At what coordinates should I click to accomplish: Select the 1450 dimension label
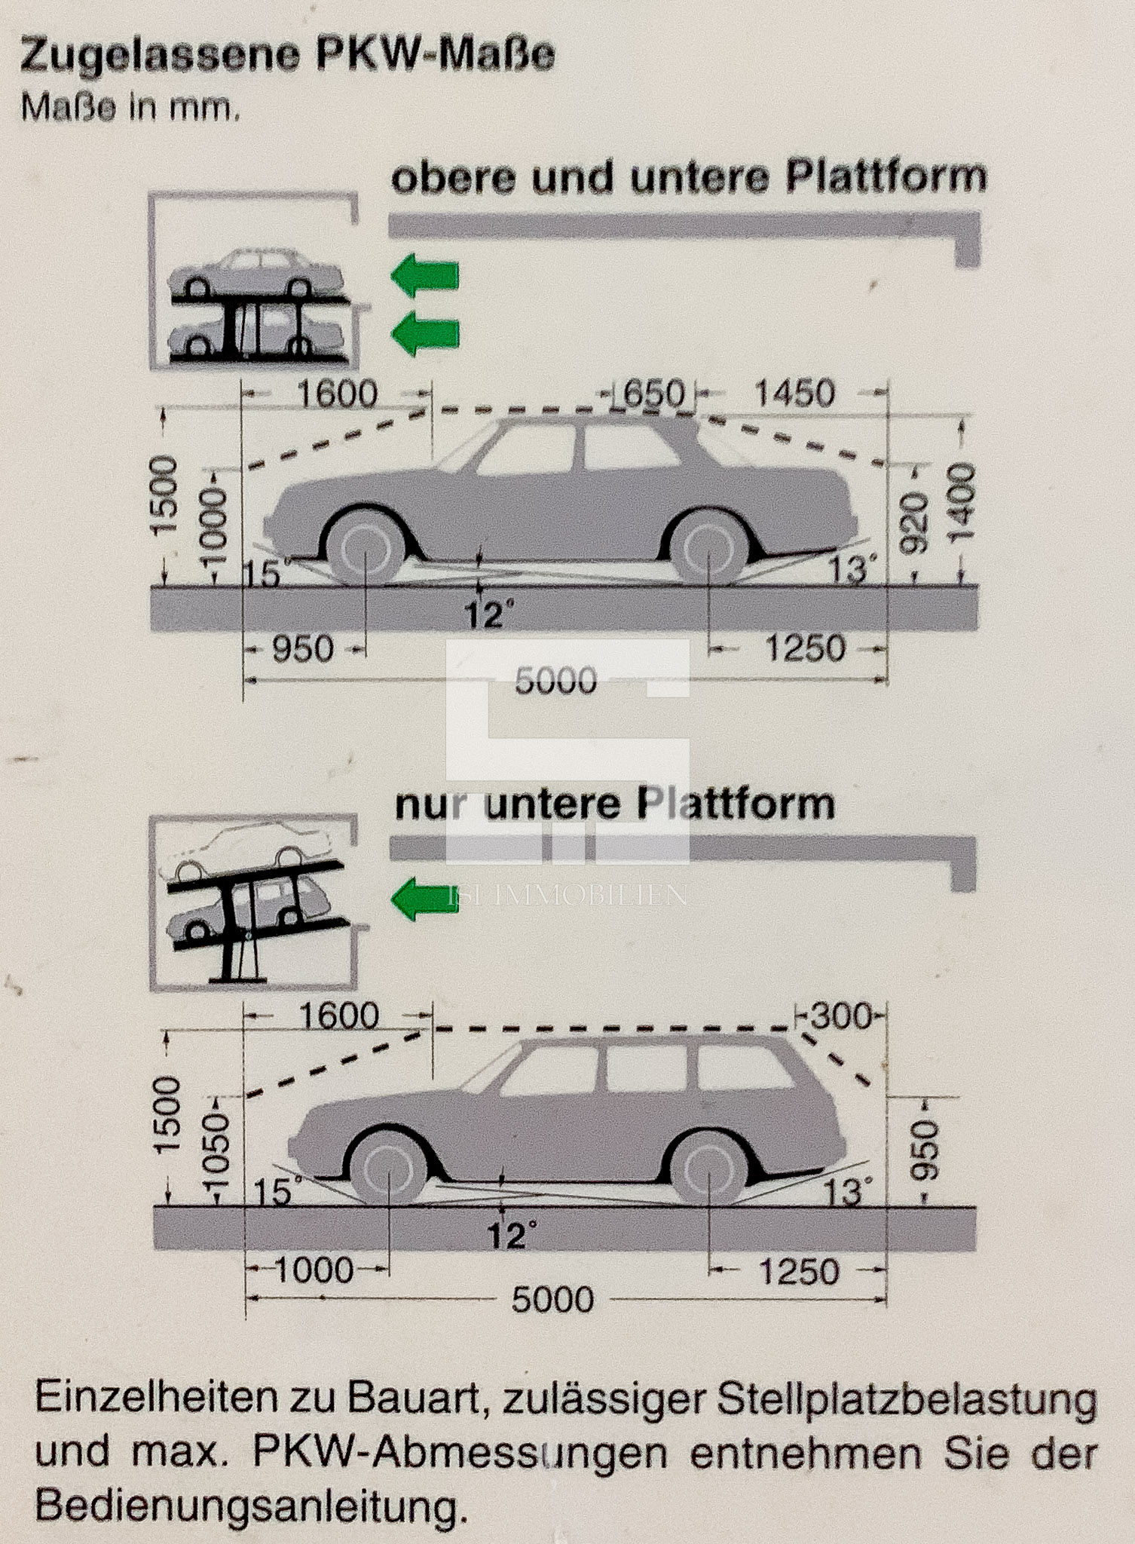794,394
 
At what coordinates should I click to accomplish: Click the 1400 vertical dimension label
961,503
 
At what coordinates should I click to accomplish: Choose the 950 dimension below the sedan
303,649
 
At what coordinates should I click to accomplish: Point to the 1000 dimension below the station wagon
314,1270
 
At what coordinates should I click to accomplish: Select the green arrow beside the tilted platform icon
425,899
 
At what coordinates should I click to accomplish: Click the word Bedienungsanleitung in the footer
246,1506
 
